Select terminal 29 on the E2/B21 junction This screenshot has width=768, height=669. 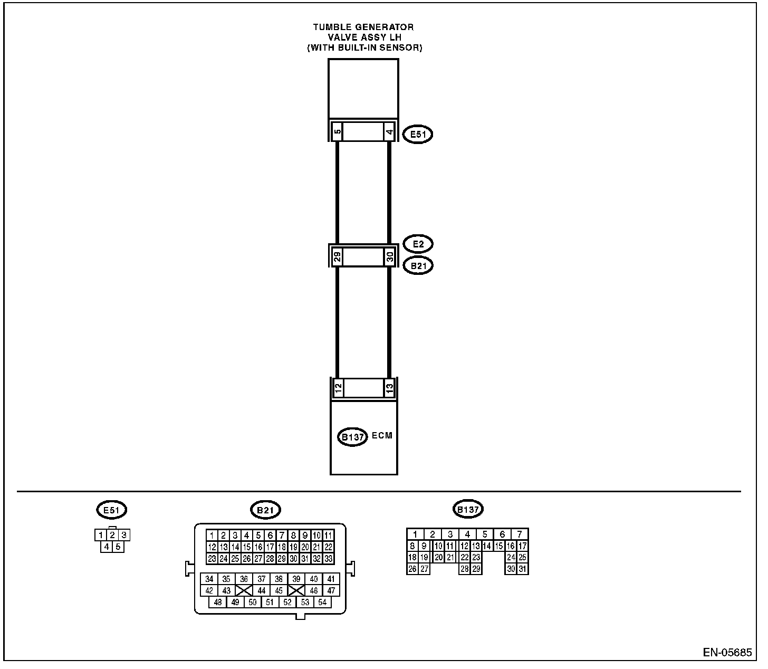point(338,257)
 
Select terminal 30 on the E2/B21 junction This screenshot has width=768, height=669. point(390,257)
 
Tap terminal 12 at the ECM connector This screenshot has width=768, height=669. point(338,388)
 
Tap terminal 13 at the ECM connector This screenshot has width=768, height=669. point(389,388)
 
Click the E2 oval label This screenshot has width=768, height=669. point(418,244)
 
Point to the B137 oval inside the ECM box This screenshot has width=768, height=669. point(352,437)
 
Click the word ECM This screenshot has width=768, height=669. point(382,435)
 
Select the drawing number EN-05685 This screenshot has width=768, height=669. point(727,652)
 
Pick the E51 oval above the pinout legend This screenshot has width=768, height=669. point(111,510)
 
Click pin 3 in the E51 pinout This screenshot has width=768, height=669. point(124,534)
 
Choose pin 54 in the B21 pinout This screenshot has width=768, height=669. point(322,602)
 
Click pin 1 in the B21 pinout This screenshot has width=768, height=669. point(212,536)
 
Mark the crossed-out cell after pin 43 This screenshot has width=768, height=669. point(244,590)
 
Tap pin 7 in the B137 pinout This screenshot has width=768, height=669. point(520,534)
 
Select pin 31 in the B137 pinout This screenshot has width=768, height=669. point(523,569)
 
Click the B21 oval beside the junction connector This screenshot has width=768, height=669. point(418,266)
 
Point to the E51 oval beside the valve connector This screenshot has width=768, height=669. point(418,135)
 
